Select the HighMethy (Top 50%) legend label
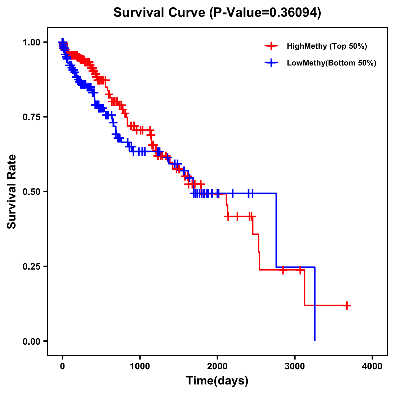coord(327,46)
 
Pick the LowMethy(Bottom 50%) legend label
coord(331,63)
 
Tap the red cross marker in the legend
coord(271,46)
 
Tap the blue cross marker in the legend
coord(271,63)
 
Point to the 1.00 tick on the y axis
coord(31,42)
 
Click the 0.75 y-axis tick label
coord(31,117)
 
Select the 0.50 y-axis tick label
coord(31,192)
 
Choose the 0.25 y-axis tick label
coord(31,266)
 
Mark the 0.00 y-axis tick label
coord(31,341)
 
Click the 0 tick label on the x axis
coord(63,366)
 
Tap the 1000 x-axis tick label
coord(140,366)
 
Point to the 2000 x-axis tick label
coord(217,366)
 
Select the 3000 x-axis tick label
coord(295,366)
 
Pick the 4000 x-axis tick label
coord(372,366)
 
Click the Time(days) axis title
coord(217,381)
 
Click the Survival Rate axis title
coord(12,192)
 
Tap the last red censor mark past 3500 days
coord(347,305)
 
